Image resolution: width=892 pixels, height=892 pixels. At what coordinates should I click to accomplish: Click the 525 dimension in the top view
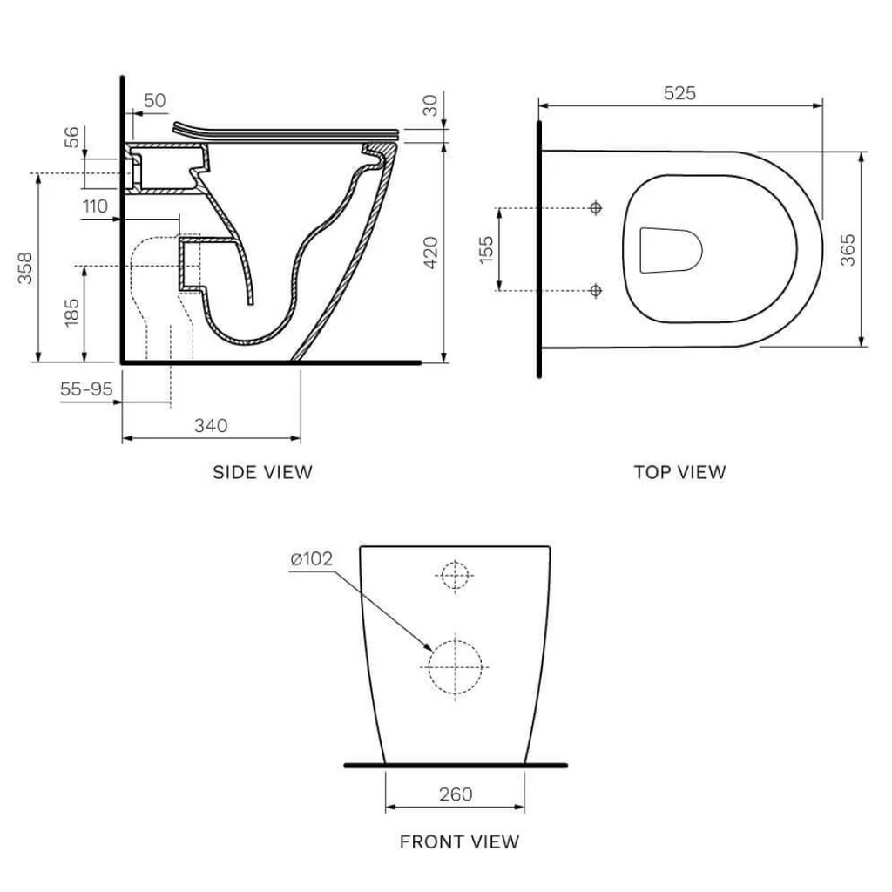679,93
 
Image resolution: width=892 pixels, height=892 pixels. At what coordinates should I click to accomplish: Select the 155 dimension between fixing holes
485,249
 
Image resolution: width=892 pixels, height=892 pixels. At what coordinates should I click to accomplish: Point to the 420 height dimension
429,253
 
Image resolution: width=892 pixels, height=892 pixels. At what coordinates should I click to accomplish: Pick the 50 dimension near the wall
153,100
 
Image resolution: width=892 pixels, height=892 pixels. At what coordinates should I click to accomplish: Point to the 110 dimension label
95,206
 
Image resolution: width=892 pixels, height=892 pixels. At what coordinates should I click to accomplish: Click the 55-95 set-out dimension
86,389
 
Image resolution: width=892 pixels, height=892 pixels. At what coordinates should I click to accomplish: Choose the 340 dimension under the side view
210,425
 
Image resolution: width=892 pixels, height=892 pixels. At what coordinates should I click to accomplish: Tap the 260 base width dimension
455,794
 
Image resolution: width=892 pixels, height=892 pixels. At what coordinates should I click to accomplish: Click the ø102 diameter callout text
311,558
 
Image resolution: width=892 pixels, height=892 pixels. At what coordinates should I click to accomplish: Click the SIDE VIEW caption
262,472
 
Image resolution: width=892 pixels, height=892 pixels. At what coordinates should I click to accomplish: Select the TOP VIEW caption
679,472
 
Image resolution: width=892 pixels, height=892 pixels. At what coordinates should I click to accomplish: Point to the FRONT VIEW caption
459,841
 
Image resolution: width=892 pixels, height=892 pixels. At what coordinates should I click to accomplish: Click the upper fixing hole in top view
596,208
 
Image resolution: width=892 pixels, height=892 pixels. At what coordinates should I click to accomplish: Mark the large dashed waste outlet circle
455,667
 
